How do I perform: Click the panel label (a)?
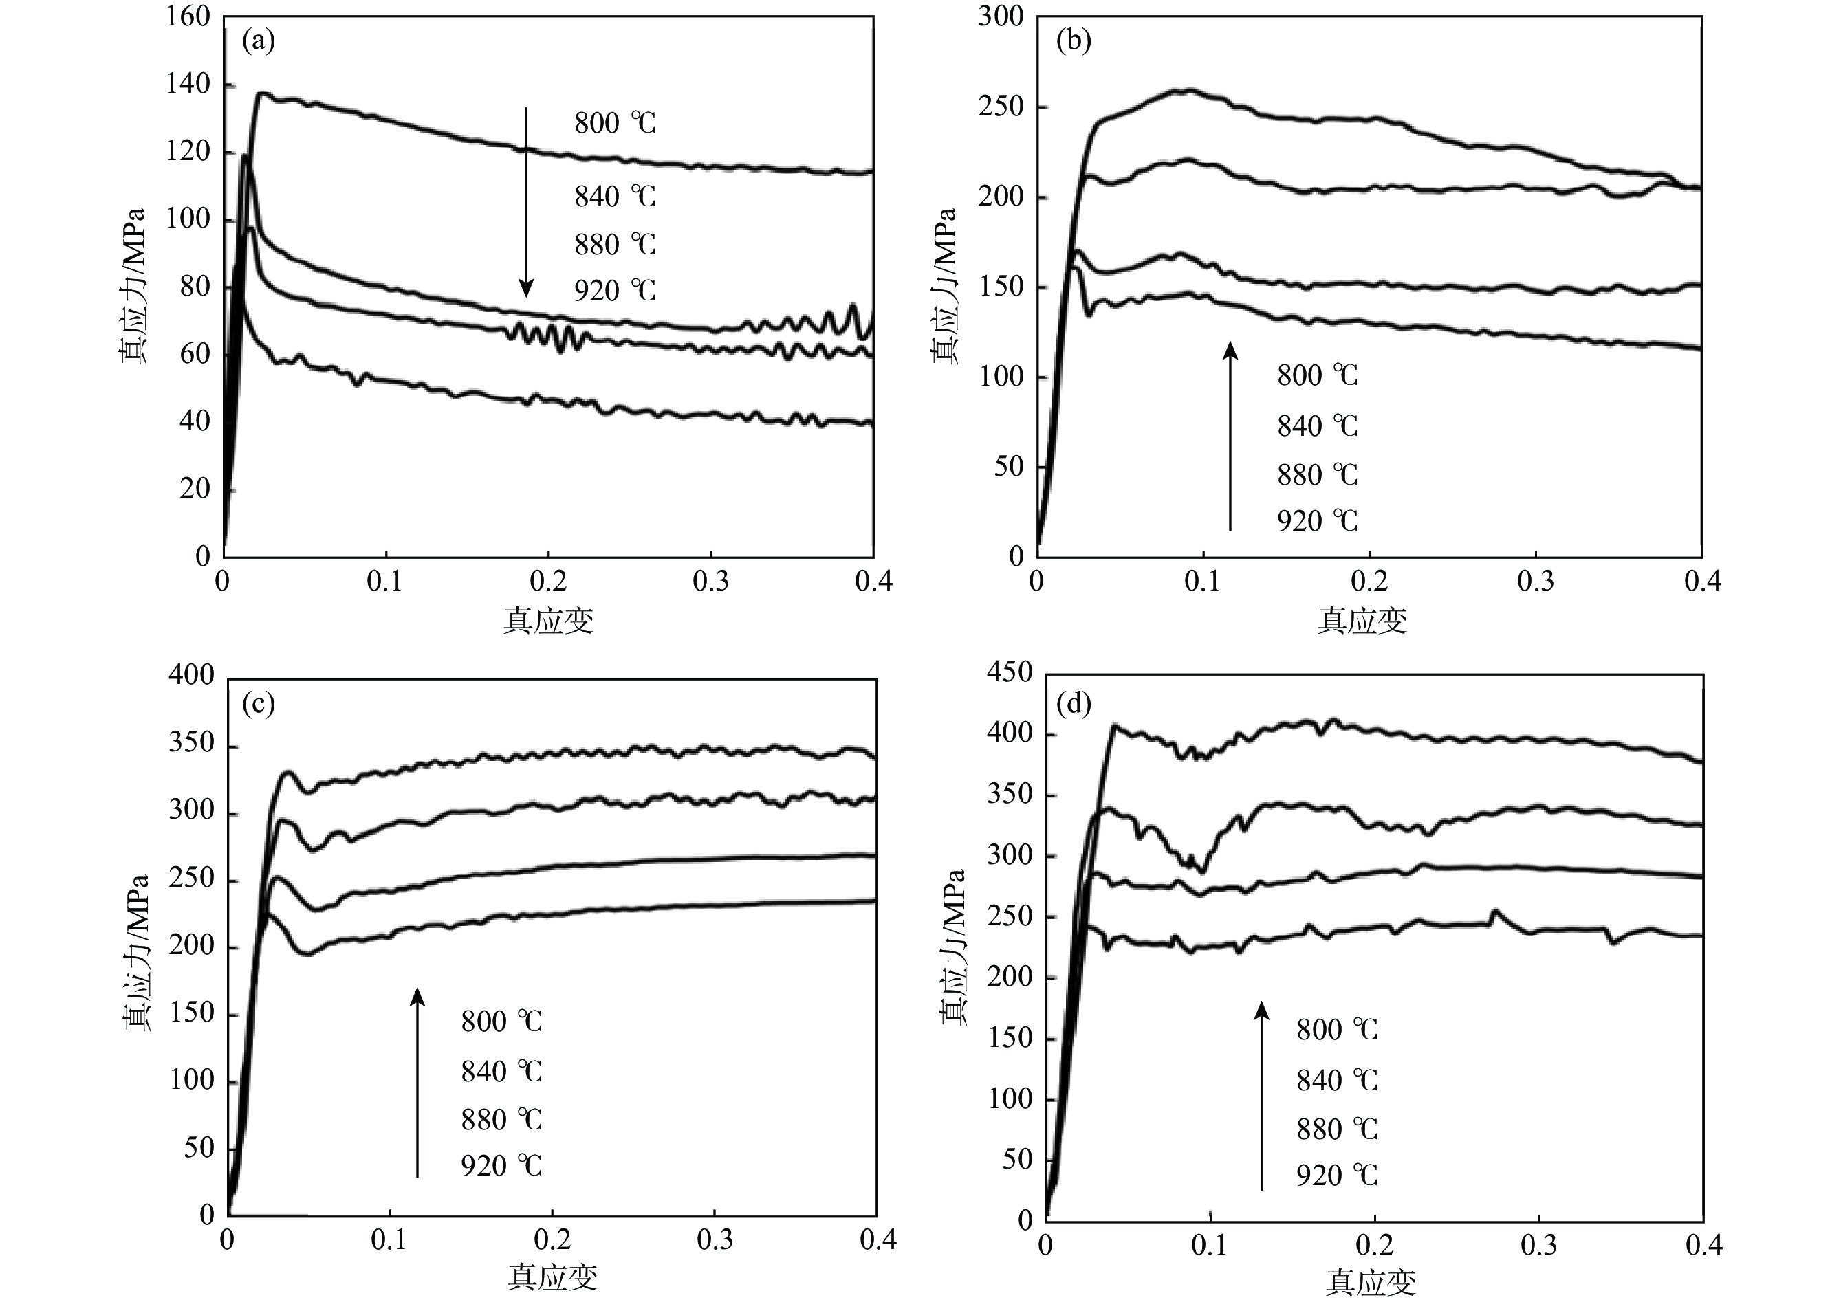pos(258,41)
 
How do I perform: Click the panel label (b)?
pos(1074,41)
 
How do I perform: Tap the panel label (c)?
pos(258,704)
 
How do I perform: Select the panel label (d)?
pos(1074,704)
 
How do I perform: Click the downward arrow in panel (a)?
pos(526,201)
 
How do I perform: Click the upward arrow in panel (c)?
pos(417,1082)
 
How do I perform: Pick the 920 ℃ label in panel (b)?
pos(1318,521)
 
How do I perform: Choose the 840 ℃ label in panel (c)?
pos(501,1071)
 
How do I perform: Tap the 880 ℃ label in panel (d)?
pos(1337,1129)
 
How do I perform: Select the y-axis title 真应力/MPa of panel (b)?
pos(946,286)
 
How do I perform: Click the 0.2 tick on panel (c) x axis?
pos(552,1240)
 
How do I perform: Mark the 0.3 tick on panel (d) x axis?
pos(1538,1245)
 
